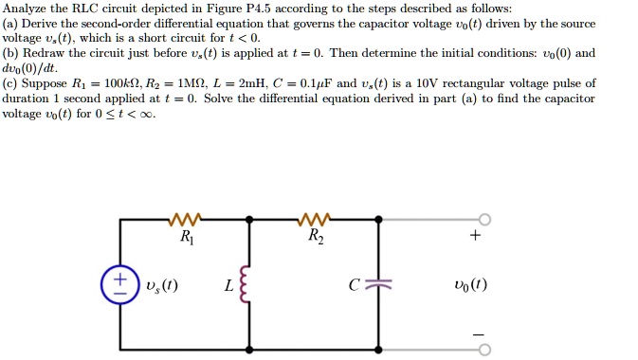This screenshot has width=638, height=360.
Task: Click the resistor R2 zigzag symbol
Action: (x=314, y=222)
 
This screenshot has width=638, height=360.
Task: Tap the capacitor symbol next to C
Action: (x=379, y=283)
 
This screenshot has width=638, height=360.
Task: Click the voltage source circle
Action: (x=120, y=285)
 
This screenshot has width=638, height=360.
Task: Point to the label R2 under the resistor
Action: (x=316, y=239)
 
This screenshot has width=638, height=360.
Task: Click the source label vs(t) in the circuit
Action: (x=160, y=285)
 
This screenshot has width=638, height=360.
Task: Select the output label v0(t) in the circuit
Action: (x=471, y=285)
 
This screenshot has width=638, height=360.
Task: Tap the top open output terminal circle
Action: (x=484, y=220)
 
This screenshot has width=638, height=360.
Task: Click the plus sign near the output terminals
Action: (x=476, y=236)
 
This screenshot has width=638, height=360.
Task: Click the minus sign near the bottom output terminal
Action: (x=477, y=333)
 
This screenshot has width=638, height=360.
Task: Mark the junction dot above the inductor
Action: (x=249, y=220)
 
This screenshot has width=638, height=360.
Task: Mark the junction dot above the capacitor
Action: (x=379, y=220)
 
